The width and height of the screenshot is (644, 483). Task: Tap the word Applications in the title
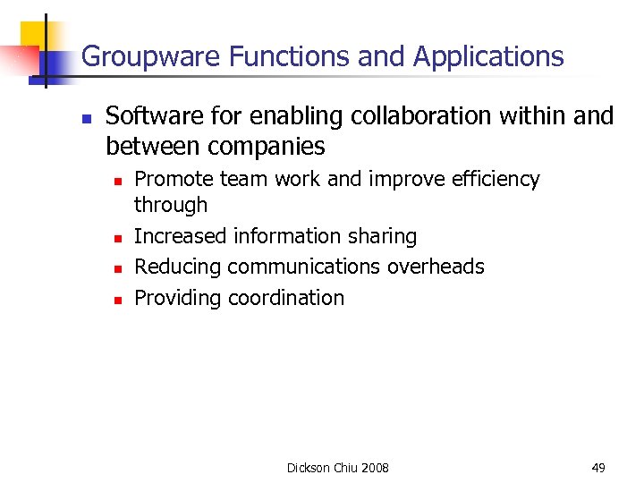488,57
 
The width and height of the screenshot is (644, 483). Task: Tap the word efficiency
496,180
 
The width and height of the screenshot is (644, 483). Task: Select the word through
170,205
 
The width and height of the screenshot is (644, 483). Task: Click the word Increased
181,236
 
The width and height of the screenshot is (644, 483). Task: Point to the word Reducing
178,267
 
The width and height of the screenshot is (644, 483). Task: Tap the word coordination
286,298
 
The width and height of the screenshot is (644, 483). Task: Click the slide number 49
597,467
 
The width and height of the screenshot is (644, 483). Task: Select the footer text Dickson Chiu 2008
337,467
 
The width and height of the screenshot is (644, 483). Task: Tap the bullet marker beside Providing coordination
115,300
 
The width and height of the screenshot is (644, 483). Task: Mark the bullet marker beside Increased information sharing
115,238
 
